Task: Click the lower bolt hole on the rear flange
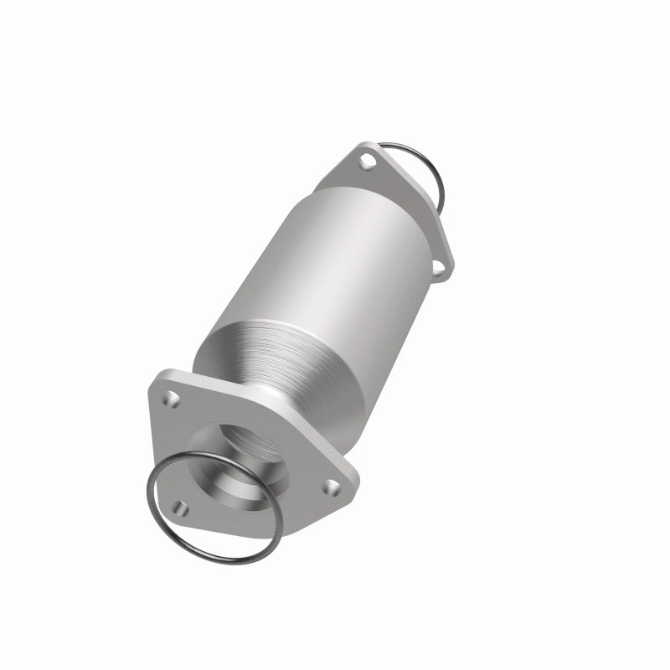[x=435, y=268]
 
